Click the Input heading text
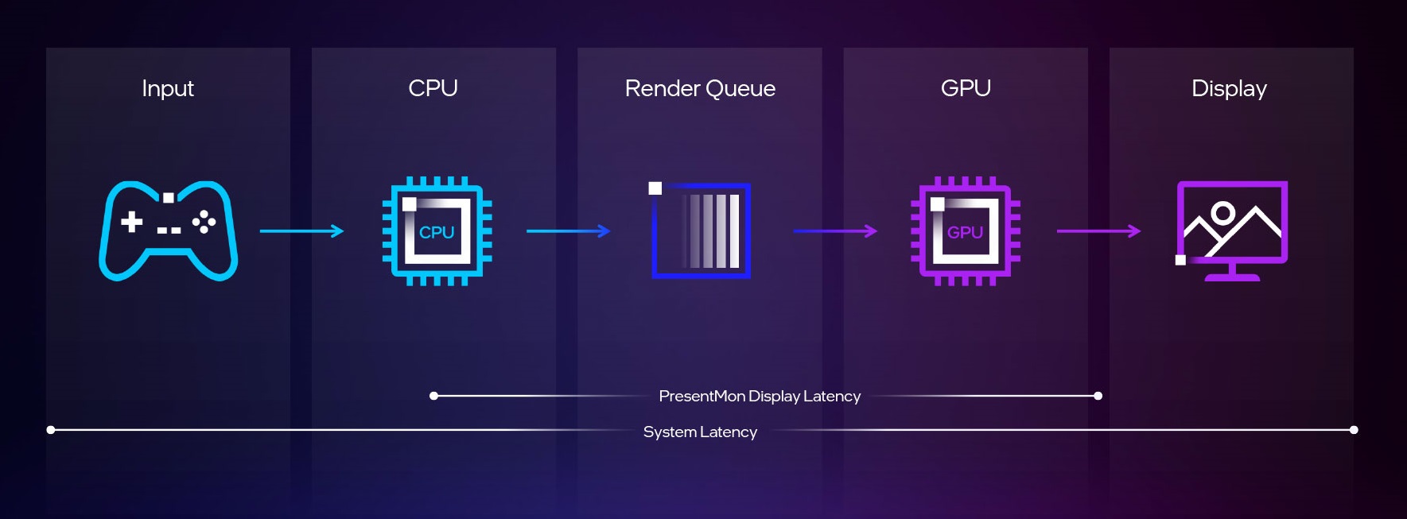tap(168, 88)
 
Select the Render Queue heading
tap(700, 88)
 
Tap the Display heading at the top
tap(1229, 88)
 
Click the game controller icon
tap(168, 230)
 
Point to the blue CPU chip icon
tap(437, 230)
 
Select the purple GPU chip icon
tap(965, 230)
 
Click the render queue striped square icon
tap(701, 230)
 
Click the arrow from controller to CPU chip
tap(301, 231)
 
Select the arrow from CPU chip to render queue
tap(568, 231)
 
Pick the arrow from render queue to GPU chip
tap(835, 231)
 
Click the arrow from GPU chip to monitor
tap(1098, 231)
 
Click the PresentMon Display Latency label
tap(760, 396)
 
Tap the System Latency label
tap(700, 432)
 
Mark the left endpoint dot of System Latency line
tap(51, 430)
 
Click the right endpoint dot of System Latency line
tap(1354, 430)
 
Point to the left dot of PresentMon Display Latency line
tap(433, 396)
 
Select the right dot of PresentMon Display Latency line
tap(1098, 396)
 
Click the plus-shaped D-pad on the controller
tap(132, 221)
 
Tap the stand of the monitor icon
tap(1232, 273)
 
